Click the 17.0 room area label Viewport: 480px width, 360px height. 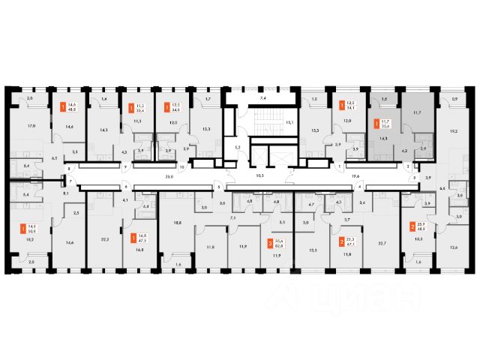pos(31,126)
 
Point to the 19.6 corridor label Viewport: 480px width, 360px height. pos(356,177)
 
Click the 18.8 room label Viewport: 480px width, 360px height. pos(178,223)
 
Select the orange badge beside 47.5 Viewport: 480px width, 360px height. pos(133,238)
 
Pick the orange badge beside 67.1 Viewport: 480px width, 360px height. pos(342,242)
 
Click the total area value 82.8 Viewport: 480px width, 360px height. pos(280,245)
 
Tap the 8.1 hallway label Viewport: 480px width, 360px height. pos(66,193)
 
